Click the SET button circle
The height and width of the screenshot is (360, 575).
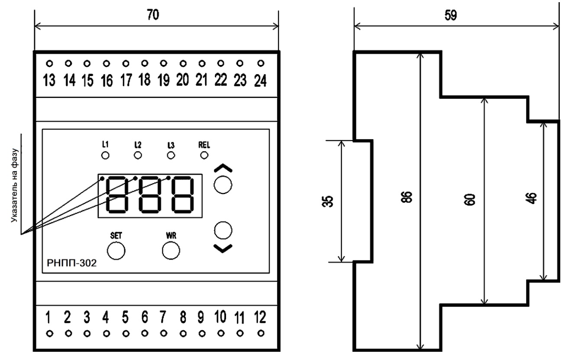tap(116, 250)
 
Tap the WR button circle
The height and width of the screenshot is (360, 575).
tap(171, 250)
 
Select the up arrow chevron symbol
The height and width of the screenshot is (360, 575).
tap(223, 168)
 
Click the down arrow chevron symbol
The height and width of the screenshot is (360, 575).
tap(223, 248)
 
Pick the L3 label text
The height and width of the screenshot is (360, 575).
tap(171, 144)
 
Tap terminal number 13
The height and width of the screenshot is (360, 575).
tap(49, 81)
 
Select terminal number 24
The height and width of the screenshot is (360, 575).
tap(260, 81)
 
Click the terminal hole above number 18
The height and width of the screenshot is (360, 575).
tap(145, 63)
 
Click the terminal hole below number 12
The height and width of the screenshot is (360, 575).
tap(260, 334)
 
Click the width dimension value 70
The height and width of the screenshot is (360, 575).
tap(152, 15)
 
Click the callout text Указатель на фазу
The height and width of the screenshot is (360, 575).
tap(16, 186)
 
